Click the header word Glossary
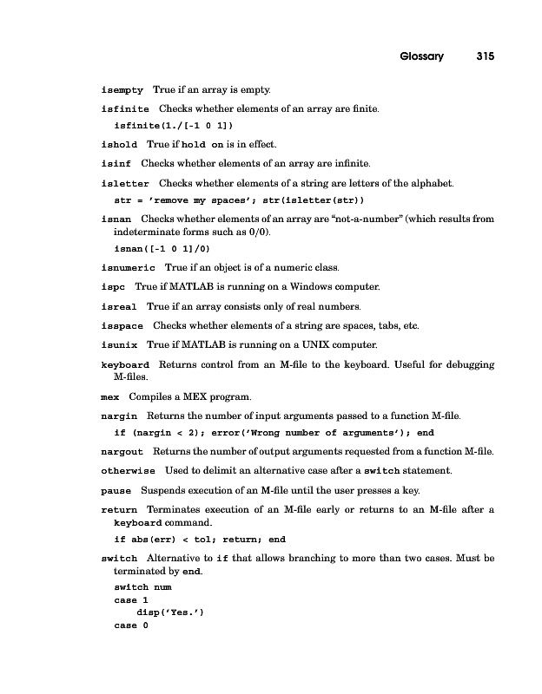pos(421,57)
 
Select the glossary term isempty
pos(122,90)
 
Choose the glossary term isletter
pos(125,184)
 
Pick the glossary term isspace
pos(122,326)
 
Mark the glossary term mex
pos(110,397)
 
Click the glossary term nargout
pos(122,452)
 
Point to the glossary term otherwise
pos(129,471)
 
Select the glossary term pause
pos(116,491)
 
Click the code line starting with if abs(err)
pos(200,539)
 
